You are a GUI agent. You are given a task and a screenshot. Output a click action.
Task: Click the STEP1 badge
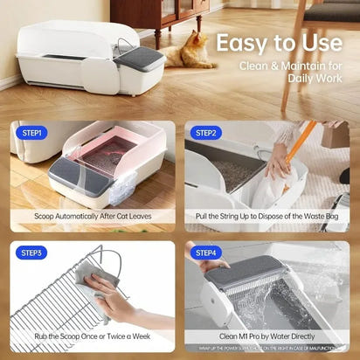click(31, 133)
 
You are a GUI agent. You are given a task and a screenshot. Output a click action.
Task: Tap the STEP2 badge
click(206, 133)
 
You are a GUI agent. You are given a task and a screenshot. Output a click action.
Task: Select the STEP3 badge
click(31, 253)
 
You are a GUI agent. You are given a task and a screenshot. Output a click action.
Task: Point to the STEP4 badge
click(206, 253)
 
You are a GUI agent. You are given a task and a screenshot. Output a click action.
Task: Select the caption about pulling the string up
click(267, 215)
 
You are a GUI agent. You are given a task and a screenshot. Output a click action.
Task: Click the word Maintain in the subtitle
click(294, 66)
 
